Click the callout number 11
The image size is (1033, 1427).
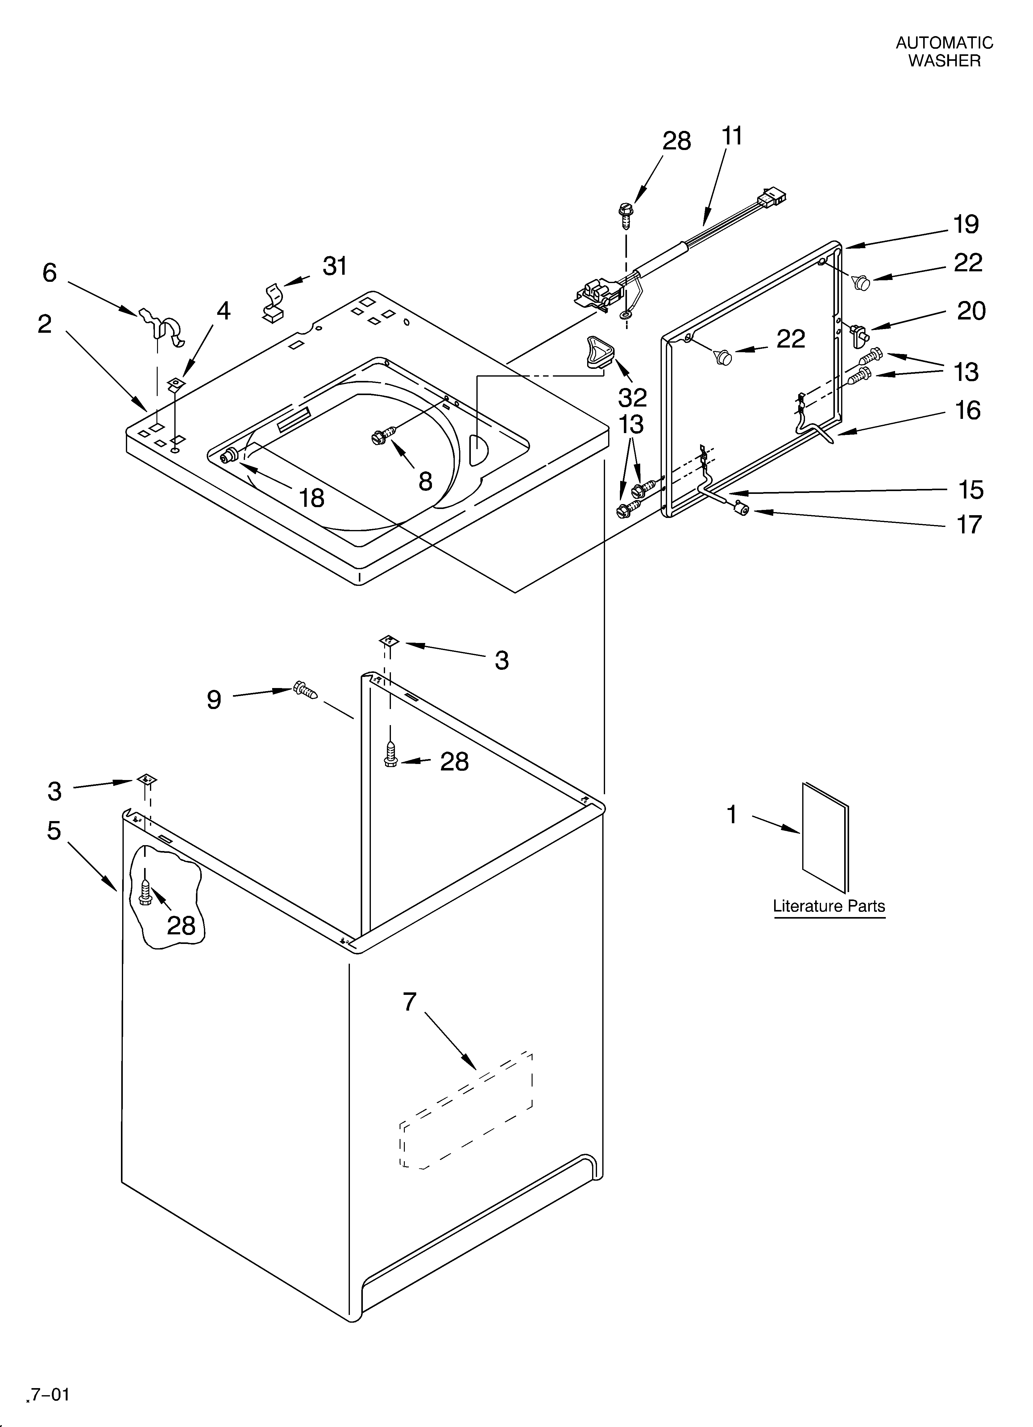pos(732,136)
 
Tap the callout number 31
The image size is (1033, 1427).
pos(335,267)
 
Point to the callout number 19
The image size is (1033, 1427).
pos(966,225)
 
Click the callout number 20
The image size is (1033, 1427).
pos(971,311)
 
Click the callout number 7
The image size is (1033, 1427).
pos(409,1002)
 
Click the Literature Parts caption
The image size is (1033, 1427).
pos(828,906)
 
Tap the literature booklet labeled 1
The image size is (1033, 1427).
pos(825,837)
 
